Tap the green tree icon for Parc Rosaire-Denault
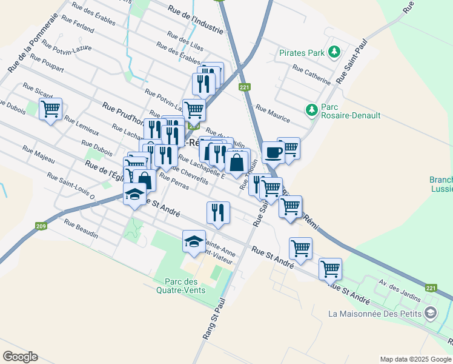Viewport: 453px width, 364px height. (311, 110)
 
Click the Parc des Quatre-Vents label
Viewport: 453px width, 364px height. (185, 286)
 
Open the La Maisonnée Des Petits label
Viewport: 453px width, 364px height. (375, 314)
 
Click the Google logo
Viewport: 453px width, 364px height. (20, 357)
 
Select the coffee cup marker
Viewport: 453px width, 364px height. (273, 152)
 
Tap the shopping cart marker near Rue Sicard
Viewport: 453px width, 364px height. (51, 110)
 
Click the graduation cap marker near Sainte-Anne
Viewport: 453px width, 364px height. (194, 241)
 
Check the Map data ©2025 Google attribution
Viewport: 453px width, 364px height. (415, 359)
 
